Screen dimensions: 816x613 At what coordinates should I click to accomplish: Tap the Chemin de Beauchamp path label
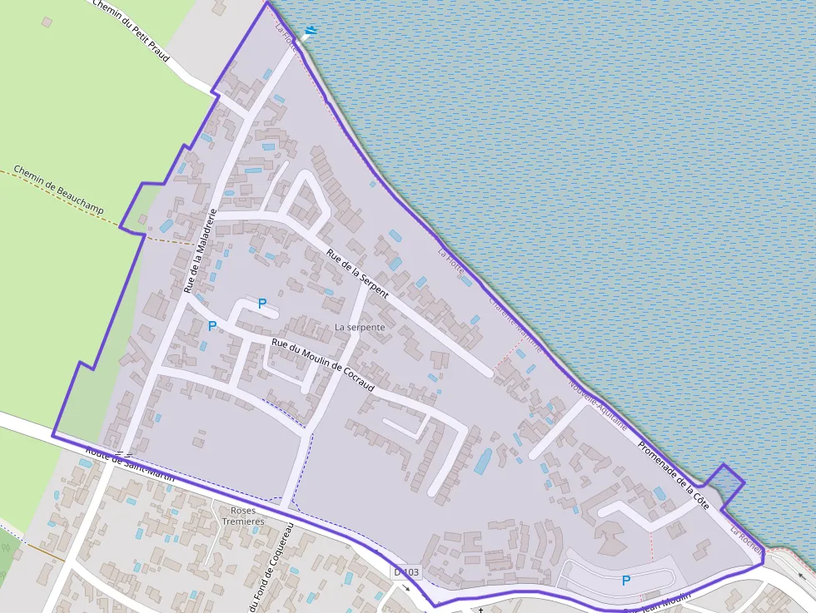(x=58, y=190)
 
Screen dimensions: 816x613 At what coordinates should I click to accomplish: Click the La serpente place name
(x=360, y=328)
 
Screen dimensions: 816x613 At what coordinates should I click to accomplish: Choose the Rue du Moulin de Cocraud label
(x=323, y=366)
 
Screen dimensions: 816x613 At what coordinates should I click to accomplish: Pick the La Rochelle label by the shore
(x=747, y=540)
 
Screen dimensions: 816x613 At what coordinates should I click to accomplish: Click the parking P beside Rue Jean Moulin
(x=625, y=581)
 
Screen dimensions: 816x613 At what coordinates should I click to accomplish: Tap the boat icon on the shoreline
(x=311, y=32)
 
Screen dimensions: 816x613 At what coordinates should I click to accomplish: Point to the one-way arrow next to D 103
(x=406, y=588)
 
